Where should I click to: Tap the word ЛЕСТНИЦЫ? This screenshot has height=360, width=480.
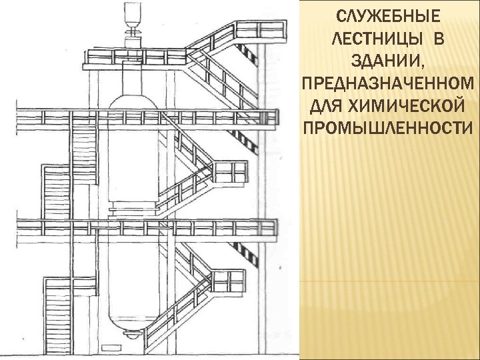[373, 38]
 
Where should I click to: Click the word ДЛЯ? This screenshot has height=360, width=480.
[327, 105]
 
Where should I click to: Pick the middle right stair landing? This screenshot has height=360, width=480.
[229, 172]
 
